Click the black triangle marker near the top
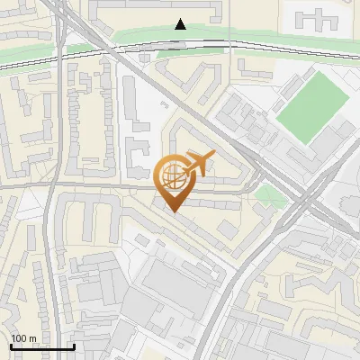point(181,24)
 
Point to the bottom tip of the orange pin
point(172,211)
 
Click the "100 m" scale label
point(23,337)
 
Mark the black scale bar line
point(42,346)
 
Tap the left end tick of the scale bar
point(11,346)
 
